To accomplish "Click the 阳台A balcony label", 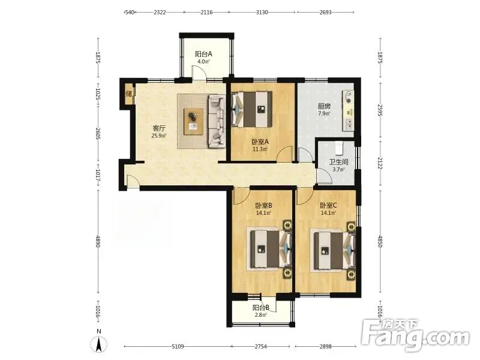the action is pyautogui.click(x=203, y=54).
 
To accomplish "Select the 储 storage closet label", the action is pyautogui.click(x=129, y=94).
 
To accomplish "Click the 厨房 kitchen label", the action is pyautogui.click(x=324, y=106).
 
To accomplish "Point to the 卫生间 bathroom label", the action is pyautogui.click(x=338, y=162).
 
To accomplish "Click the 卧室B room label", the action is pyautogui.click(x=264, y=205).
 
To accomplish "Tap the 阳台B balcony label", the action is pyautogui.click(x=261, y=307).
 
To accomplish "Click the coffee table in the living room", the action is pyautogui.click(x=193, y=122).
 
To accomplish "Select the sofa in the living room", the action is pyautogui.click(x=217, y=121).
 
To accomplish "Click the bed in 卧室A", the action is pyautogui.click(x=252, y=109).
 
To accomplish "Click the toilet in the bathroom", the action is pyautogui.click(x=338, y=148).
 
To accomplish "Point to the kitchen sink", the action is pyautogui.click(x=349, y=124).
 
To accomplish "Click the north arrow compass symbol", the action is pyautogui.click(x=99, y=344).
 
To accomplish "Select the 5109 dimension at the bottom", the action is pyautogui.click(x=178, y=347).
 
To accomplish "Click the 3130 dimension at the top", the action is pyautogui.click(x=262, y=12).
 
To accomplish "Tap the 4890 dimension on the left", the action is pyautogui.click(x=98, y=241).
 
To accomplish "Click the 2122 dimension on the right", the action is pyautogui.click(x=380, y=163).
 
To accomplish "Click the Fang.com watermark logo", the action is pyautogui.click(x=415, y=336).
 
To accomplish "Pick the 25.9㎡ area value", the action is pyautogui.click(x=159, y=136).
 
